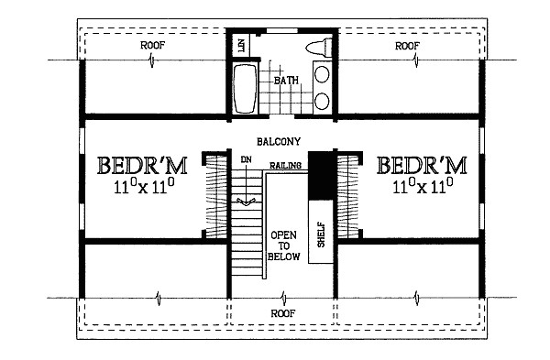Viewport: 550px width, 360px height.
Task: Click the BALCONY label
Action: [280, 142]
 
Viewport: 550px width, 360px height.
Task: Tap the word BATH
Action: [285, 81]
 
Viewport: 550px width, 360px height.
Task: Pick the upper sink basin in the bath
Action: [323, 75]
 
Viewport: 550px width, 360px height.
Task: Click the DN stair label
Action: [246, 159]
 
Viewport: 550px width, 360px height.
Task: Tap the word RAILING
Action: [287, 165]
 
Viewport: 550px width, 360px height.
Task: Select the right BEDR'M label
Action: [422, 167]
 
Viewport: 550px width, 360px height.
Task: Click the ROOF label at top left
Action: [153, 45]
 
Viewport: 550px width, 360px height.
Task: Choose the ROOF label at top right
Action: [407, 45]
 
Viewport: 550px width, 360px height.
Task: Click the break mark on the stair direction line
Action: [244, 200]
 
